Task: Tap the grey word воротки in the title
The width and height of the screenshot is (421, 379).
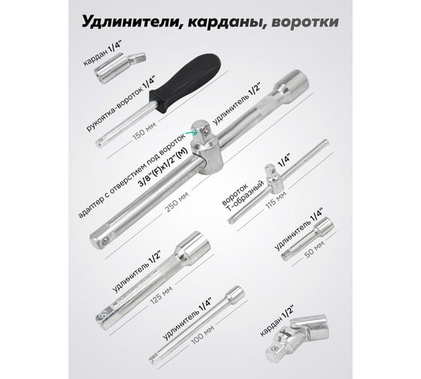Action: (x=304, y=23)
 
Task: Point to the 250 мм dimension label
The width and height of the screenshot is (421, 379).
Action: (x=177, y=202)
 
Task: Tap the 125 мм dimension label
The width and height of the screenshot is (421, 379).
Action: (x=161, y=296)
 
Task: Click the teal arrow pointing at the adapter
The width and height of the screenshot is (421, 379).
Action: (x=192, y=132)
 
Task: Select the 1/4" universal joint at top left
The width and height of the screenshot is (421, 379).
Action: (x=120, y=68)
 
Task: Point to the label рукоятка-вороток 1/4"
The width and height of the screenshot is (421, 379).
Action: (x=121, y=104)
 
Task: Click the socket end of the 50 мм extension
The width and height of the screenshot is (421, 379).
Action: (x=324, y=226)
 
